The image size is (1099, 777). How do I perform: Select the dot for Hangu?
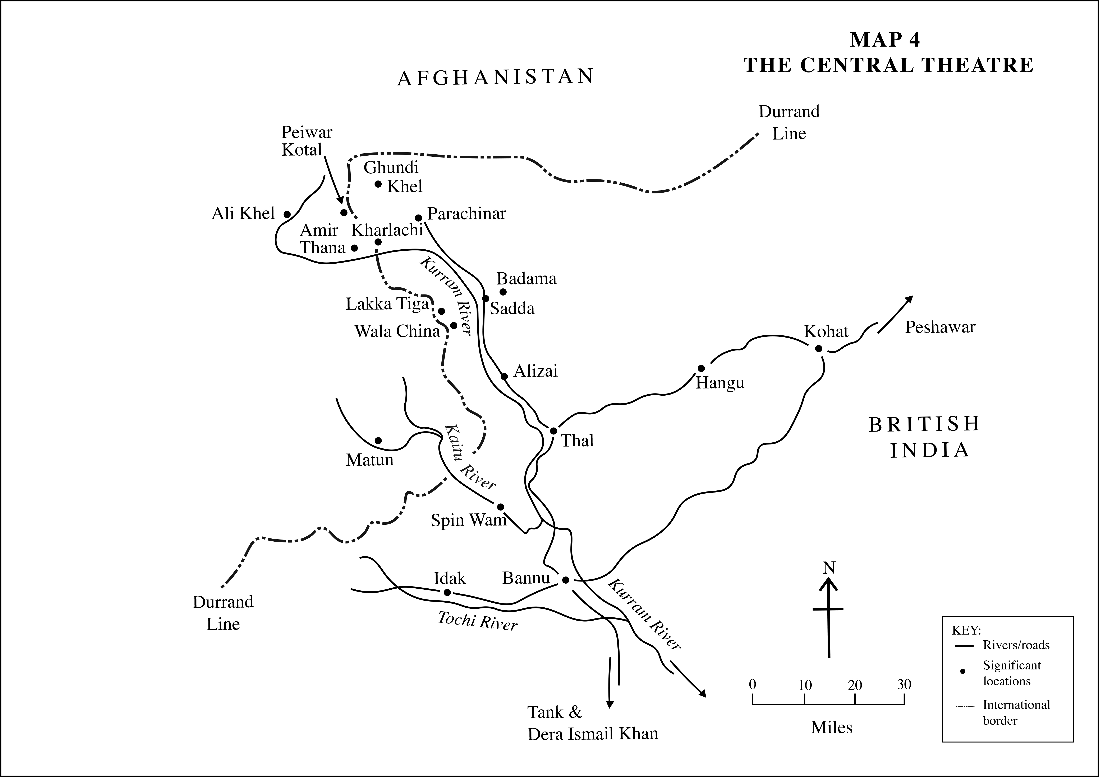[x=701, y=368]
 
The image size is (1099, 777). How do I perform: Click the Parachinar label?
[x=466, y=213]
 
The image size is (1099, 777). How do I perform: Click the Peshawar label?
[x=940, y=327]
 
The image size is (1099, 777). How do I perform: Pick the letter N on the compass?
[x=829, y=568]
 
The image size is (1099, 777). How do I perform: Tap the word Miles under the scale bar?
[x=832, y=728]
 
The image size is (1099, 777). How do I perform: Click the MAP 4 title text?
[x=885, y=40]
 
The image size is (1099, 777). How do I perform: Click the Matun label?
[x=369, y=460]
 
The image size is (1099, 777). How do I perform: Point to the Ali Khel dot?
[x=287, y=214]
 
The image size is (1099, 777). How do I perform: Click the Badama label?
[x=526, y=279]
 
